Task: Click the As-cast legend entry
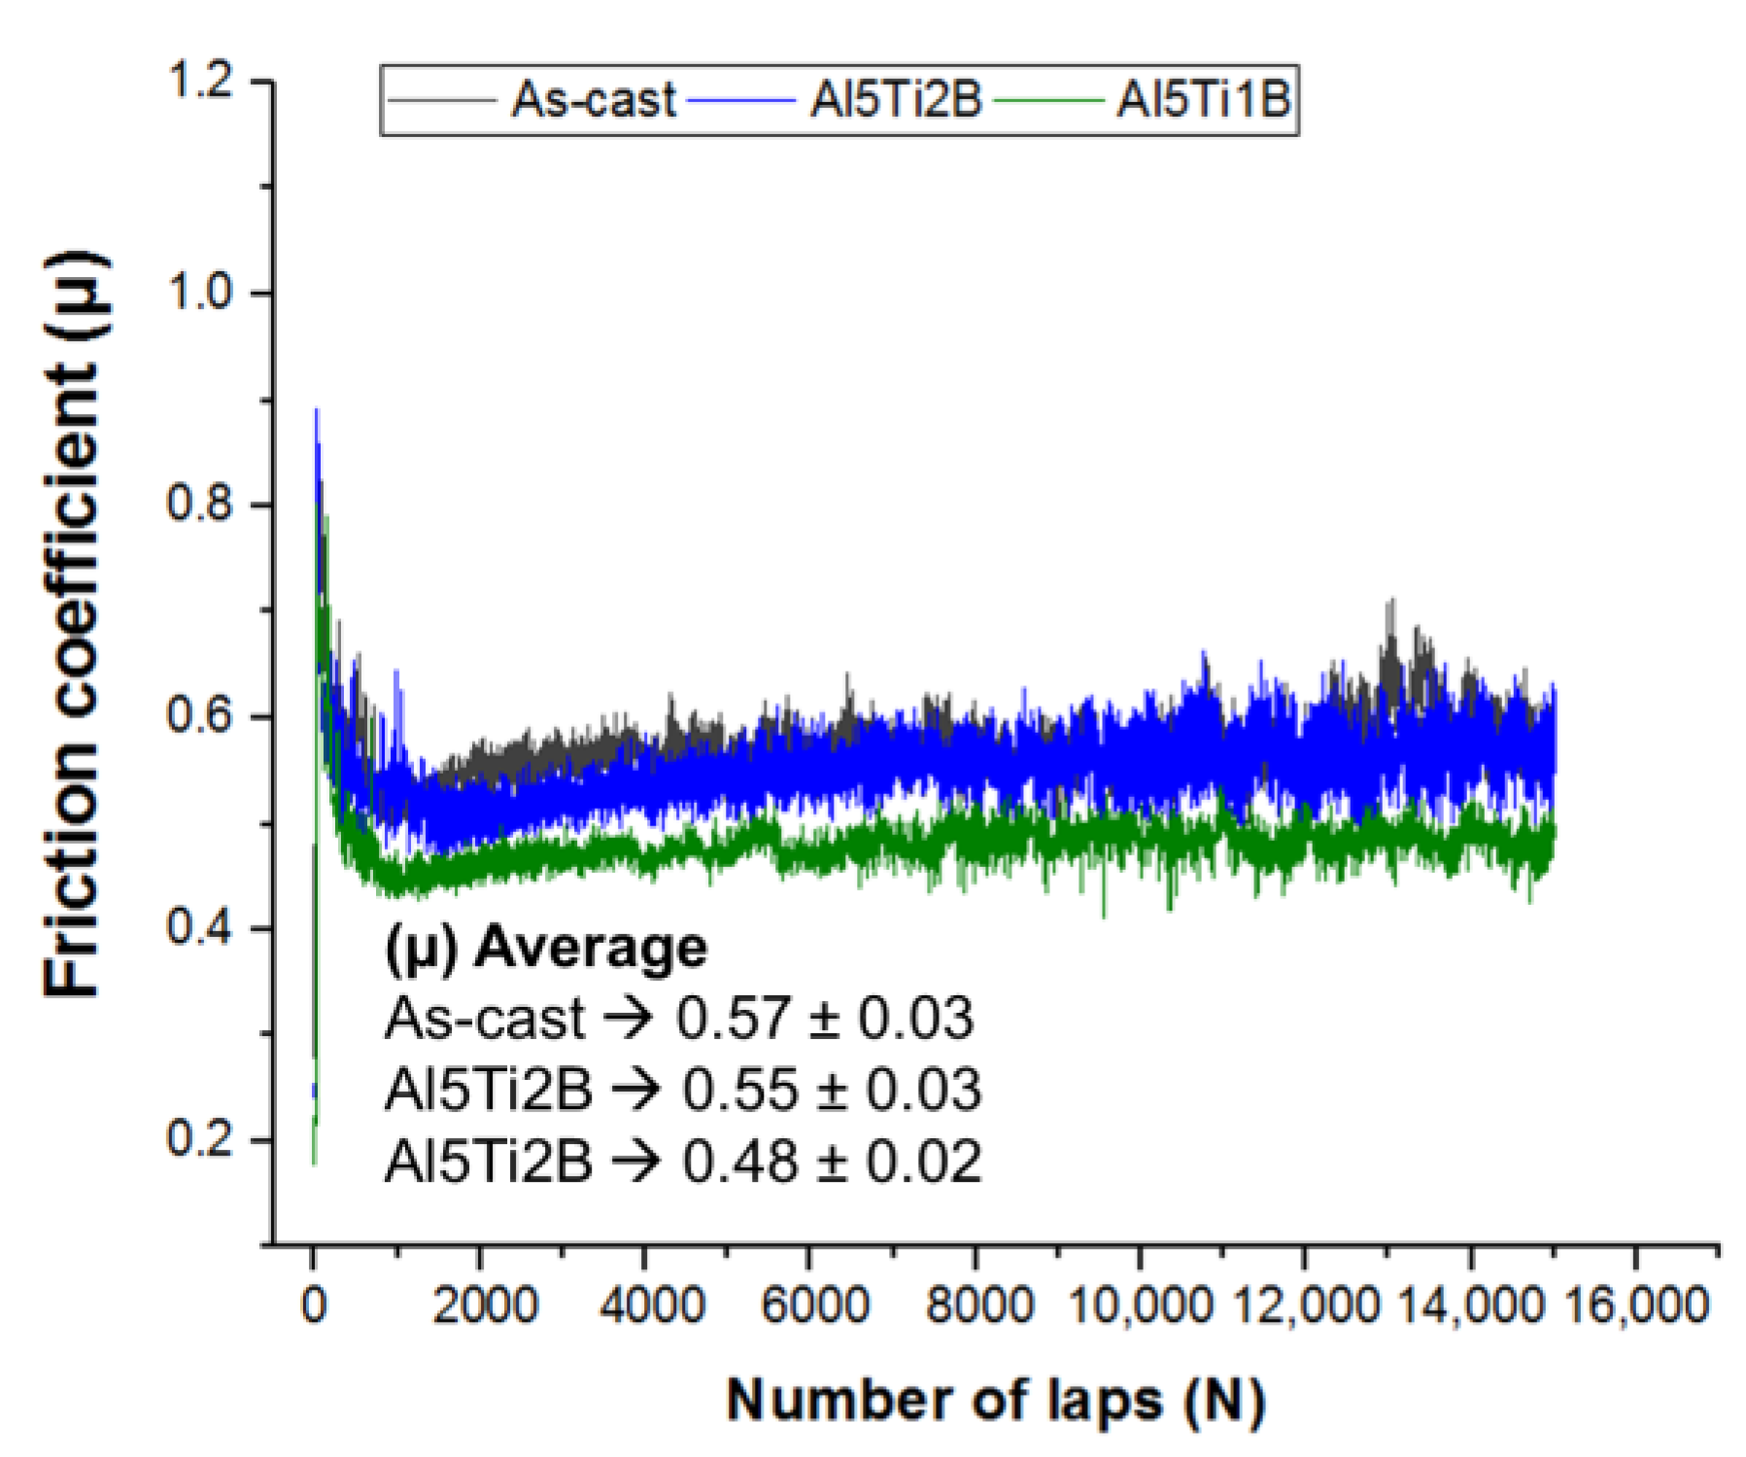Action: [593, 99]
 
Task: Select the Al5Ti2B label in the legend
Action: [896, 99]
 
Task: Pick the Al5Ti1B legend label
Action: [1203, 99]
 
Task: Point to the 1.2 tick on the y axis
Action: [201, 81]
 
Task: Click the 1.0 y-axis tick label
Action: [201, 293]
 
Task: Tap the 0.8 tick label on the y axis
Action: [201, 504]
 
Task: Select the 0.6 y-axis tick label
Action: [201, 716]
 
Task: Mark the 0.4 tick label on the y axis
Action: [201, 928]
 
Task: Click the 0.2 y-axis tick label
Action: [201, 1139]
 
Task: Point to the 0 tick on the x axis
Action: [314, 1305]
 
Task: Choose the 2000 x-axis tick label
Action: [484, 1305]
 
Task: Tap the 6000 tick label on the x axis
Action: [814, 1305]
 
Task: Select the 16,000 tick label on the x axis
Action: [1636, 1305]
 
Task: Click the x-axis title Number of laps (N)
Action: [995, 1401]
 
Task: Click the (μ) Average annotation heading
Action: [546, 948]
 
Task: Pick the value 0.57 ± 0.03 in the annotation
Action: [824, 1019]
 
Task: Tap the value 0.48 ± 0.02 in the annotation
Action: [832, 1162]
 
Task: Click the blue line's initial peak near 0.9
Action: [316, 412]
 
